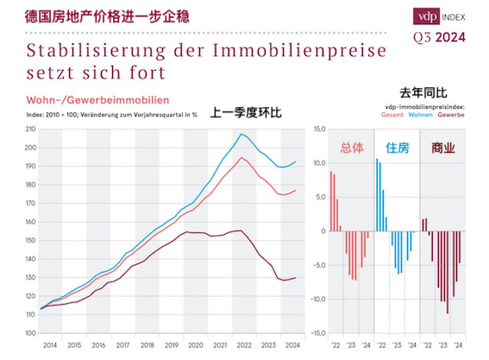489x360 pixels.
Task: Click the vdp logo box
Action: [x=425, y=16]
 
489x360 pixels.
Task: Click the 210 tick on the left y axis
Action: [x=30, y=129]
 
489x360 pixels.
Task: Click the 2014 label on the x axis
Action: [x=49, y=343]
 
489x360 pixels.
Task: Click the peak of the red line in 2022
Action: [x=243, y=157]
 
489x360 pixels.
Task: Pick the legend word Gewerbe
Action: [x=451, y=115]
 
